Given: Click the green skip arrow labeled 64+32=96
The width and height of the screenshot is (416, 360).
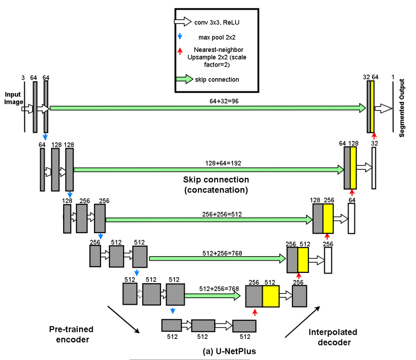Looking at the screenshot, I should (x=206, y=108).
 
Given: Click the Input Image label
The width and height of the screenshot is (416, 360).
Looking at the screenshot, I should (x=13, y=98).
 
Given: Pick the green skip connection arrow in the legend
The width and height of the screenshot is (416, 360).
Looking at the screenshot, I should (x=183, y=79).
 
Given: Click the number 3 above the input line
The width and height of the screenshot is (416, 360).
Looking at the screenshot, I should (x=22, y=77).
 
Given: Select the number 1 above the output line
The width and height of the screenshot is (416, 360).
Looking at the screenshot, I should (x=393, y=77).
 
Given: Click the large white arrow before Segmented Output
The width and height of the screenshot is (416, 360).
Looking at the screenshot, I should (x=384, y=108).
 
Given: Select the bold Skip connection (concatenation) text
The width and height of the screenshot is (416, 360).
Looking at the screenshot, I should (x=216, y=185).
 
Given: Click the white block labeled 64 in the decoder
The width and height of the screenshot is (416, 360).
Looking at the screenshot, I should (x=351, y=219).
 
